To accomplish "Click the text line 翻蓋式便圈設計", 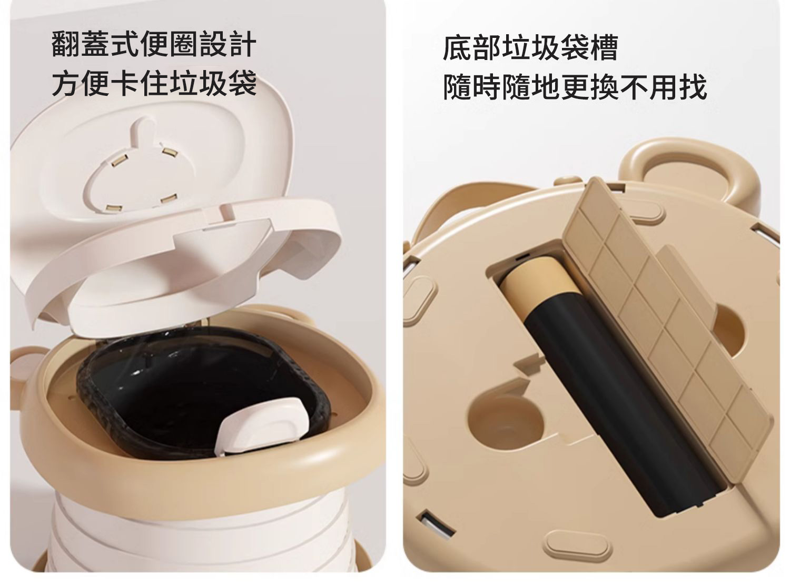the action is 154,44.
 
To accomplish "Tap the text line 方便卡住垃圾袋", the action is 154,83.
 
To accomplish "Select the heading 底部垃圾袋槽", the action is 530,48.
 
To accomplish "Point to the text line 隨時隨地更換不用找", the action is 575,87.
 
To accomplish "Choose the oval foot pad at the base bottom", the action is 577,547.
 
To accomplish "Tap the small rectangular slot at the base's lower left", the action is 437,528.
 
